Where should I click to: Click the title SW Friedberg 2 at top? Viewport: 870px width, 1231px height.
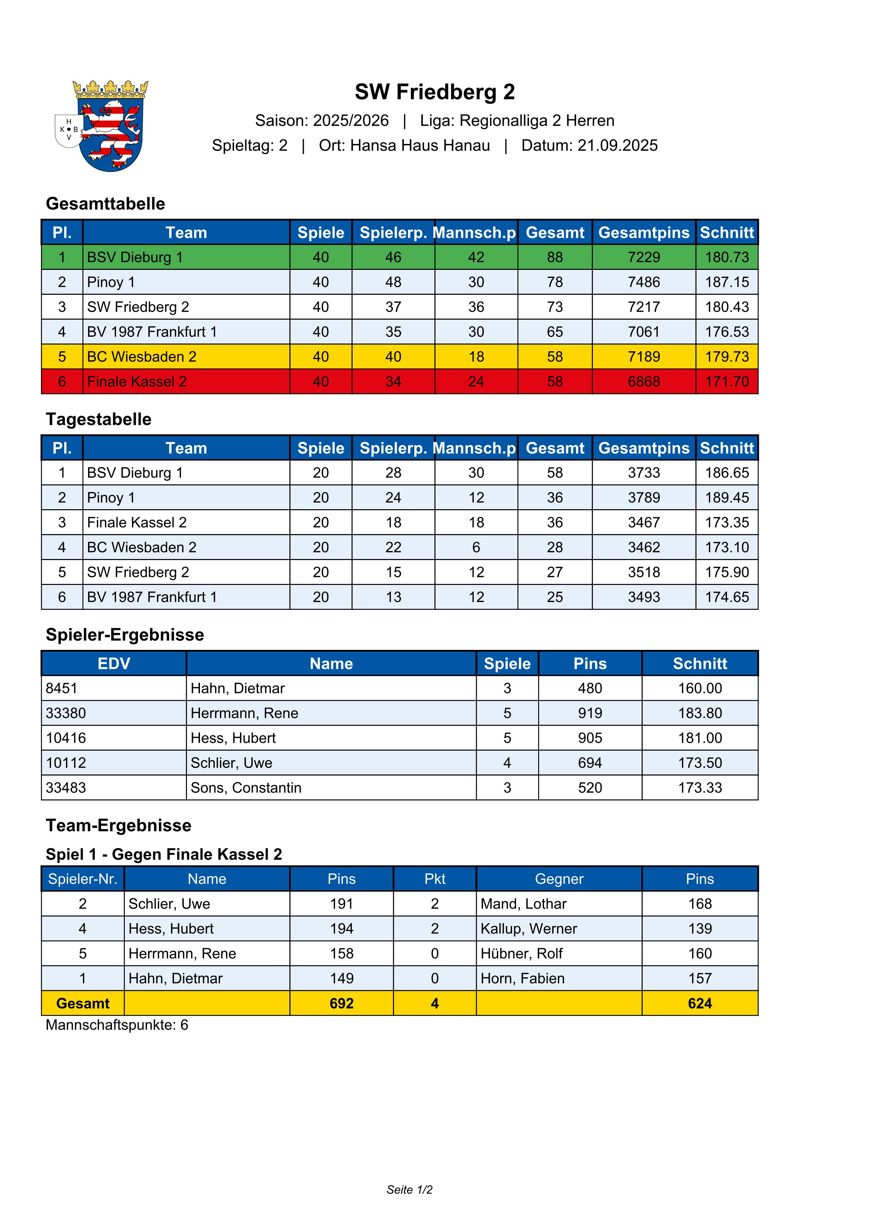434,92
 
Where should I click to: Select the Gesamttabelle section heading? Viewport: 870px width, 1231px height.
106,204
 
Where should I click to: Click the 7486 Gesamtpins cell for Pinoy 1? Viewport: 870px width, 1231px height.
643,282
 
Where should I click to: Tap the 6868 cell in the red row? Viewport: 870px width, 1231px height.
643,382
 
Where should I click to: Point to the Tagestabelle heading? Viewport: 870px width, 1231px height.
99,419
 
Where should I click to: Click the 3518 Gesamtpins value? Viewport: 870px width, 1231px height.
643,572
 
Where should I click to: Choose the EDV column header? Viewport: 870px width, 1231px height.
114,664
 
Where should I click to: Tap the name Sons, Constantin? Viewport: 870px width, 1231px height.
246,787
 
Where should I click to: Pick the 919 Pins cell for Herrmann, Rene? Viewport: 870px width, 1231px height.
590,713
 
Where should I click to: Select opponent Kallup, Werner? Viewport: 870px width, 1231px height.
529,929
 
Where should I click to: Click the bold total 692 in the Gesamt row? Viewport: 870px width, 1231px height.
341,1003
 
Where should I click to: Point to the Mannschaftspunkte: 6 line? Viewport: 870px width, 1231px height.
117,1025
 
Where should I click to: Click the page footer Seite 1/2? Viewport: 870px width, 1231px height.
409,1190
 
